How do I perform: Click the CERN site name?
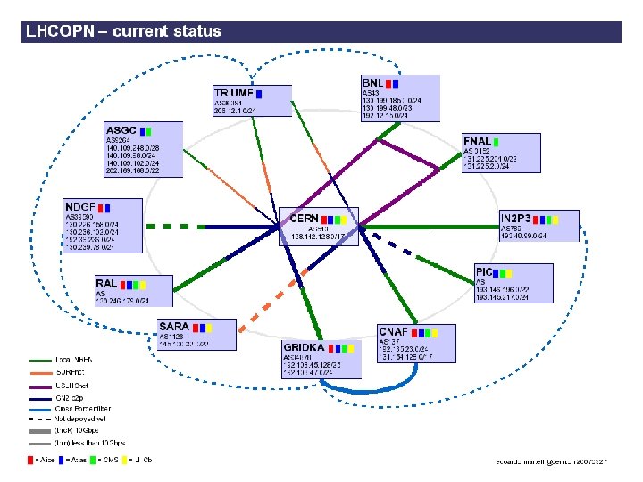[305, 218]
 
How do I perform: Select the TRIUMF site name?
[232, 93]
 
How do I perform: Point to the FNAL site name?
[476, 141]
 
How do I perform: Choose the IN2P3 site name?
[515, 218]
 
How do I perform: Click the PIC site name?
[484, 271]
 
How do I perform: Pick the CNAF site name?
[393, 332]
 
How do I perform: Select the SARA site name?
[173, 327]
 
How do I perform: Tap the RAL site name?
[106, 284]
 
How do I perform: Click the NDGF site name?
[80, 206]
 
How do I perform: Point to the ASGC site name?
[121, 130]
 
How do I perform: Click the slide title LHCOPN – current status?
[123, 32]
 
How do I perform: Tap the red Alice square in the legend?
[29, 460]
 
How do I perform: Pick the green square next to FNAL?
[497, 141]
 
